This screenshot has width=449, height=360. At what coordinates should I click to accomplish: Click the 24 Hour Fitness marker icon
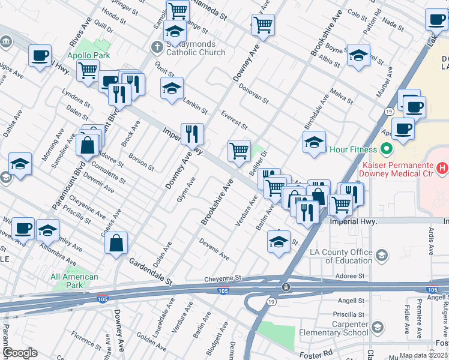[386, 149]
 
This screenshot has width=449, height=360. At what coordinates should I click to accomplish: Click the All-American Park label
[74, 281]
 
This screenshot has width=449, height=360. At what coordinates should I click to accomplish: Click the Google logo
[20, 353]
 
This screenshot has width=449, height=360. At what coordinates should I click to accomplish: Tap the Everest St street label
[234, 120]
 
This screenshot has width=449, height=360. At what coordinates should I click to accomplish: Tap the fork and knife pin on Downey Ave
[193, 134]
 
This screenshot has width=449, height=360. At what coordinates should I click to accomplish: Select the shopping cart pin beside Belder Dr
[239, 150]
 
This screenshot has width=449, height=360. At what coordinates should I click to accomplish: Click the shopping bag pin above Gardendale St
[117, 243]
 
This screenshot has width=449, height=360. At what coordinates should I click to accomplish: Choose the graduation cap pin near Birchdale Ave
[313, 143]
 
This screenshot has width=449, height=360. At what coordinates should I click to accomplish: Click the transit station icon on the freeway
[287, 287]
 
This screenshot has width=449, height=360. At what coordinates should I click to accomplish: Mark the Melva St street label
[341, 97]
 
